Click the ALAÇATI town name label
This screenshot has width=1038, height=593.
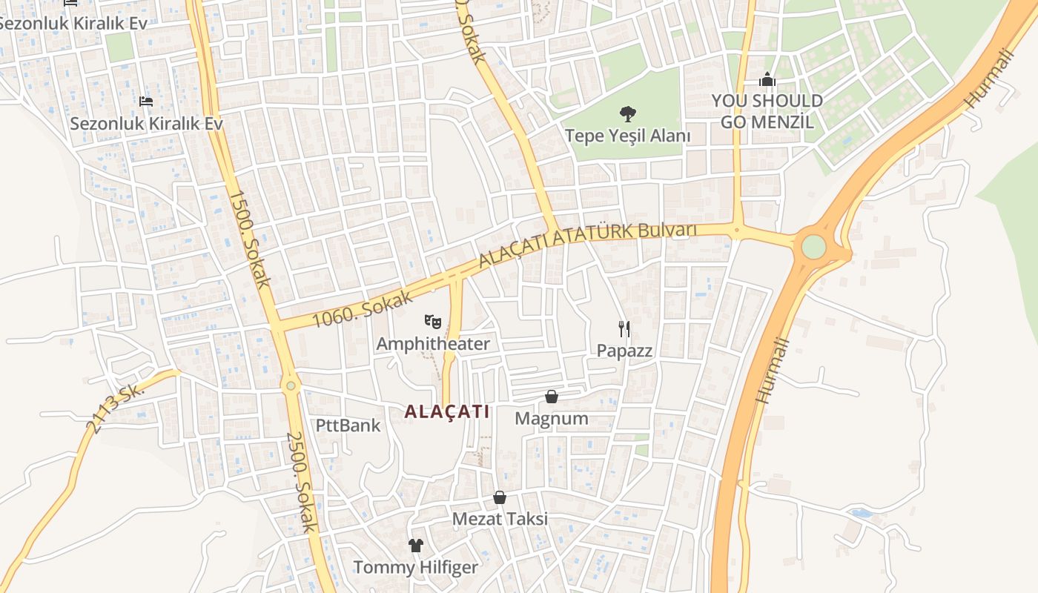coord(447,411)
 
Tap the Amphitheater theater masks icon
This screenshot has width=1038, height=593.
coord(433,322)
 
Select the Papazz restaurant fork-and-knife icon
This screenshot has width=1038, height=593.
coord(624,328)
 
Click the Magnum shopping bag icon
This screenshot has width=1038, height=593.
coord(552,397)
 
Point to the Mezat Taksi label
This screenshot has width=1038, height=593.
coord(500,519)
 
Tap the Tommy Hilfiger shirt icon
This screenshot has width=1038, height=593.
coord(415,546)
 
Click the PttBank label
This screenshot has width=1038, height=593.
coord(348,425)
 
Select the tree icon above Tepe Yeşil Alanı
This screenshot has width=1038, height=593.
coord(628,114)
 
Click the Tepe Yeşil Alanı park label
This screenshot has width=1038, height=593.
coord(627,136)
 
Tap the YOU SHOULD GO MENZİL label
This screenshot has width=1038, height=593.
coord(767,111)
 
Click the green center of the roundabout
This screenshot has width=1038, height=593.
coord(813,247)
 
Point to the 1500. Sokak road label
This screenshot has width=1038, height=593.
coord(249,239)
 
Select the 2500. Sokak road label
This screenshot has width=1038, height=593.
coord(303,482)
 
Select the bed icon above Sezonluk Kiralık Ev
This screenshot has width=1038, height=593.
coord(146,101)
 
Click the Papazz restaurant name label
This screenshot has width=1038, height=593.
coord(624,351)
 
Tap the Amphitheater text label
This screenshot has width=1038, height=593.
coord(433,344)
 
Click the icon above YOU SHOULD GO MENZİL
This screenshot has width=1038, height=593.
coord(767,79)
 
